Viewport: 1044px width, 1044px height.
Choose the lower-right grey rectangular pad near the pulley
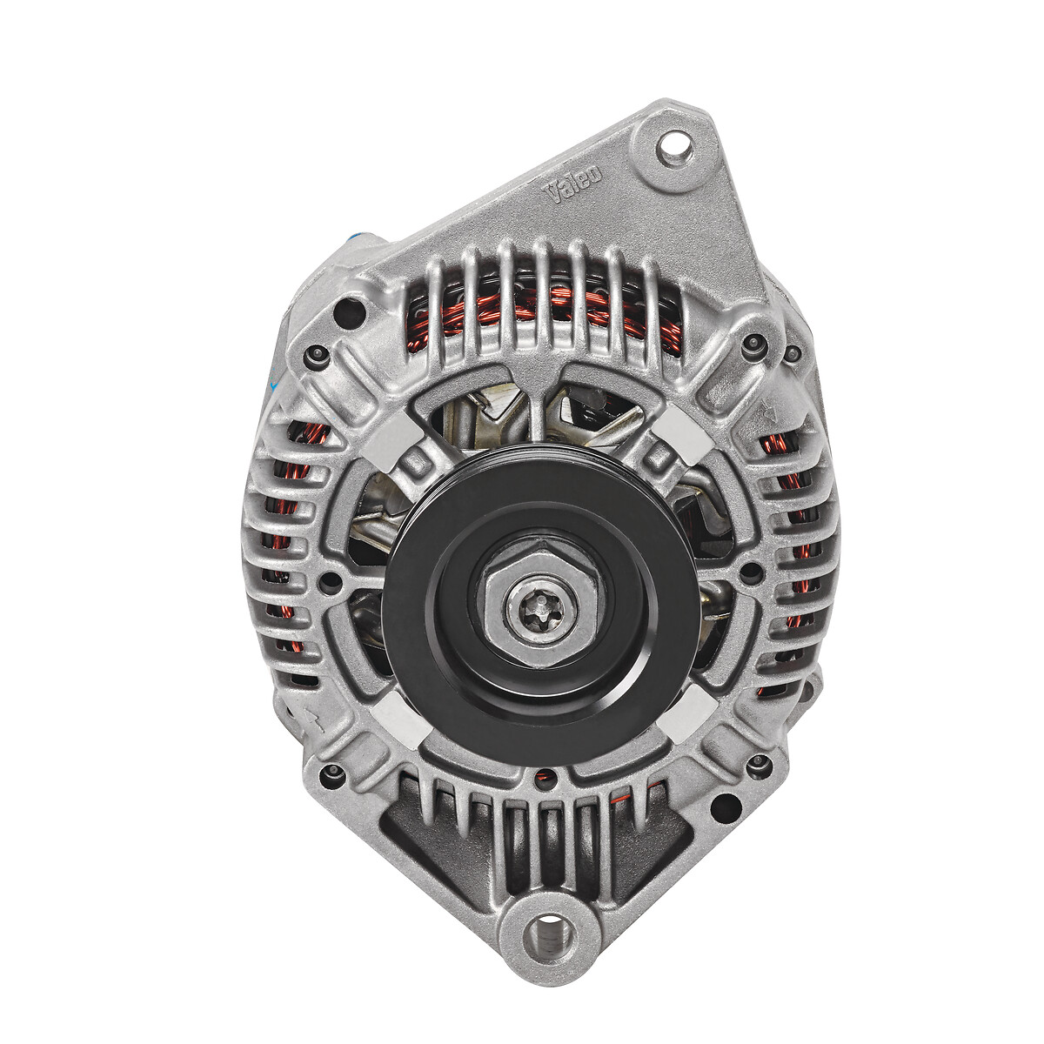coord(681,715)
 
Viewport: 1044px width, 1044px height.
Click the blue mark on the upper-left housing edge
coord(356,237)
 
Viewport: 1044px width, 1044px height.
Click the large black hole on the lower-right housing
coord(721,807)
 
